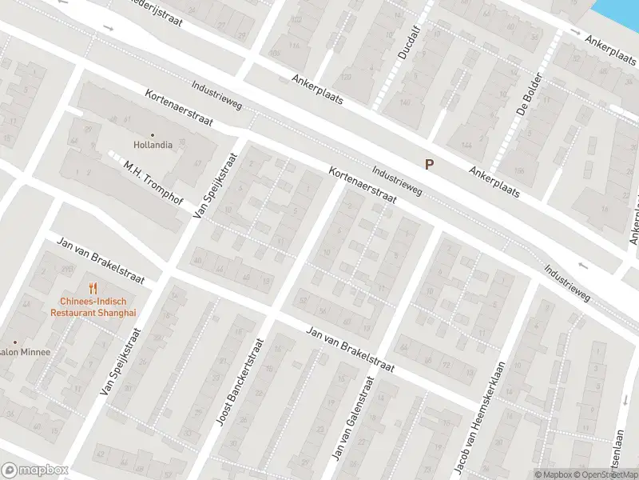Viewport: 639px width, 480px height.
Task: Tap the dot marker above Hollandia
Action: [x=153, y=135]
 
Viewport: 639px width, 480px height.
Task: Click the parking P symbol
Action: [x=429, y=164]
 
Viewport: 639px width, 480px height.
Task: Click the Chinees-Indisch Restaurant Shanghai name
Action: [x=93, y=307]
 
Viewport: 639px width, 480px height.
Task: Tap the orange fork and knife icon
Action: [x=93, y=288]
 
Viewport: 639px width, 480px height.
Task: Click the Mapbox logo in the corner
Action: [x=34, y=470]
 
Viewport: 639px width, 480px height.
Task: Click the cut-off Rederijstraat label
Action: [x=156, y=10]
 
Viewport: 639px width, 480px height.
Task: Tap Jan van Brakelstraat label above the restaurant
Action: [x=100, y=259]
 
